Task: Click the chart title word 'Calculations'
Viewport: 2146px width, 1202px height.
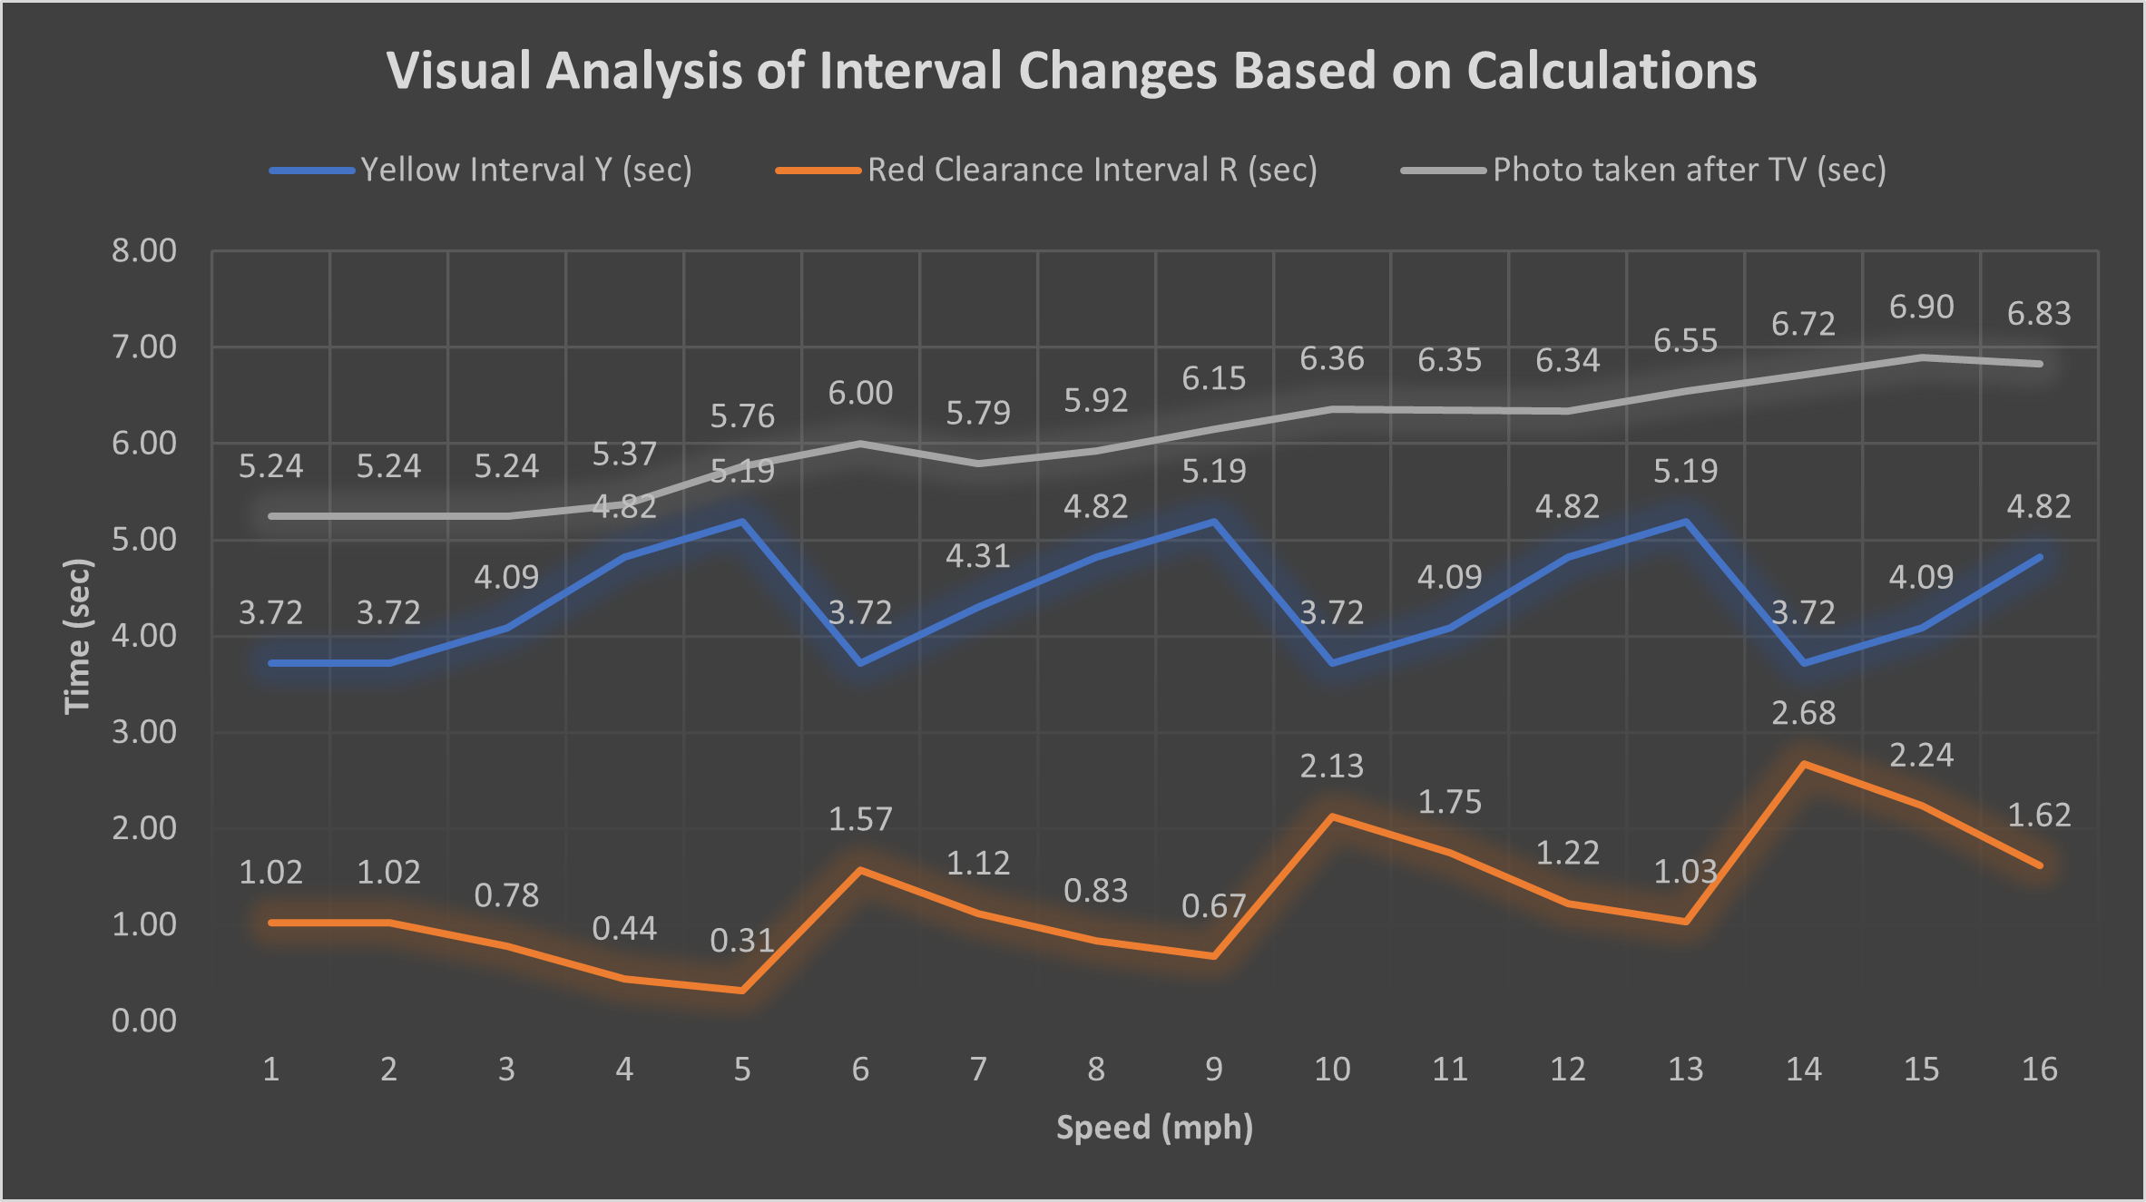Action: (1612, 71)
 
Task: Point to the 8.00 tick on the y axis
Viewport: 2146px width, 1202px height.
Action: (143, 250)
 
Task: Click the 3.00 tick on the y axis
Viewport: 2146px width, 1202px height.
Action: (143, 732)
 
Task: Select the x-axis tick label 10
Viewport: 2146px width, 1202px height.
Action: (1331, 1070)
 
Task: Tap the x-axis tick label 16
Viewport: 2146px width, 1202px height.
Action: (2039, 1070)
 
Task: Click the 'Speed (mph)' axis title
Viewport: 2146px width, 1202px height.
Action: (1154, 1128)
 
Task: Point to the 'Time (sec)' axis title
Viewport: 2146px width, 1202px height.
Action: (78, 636)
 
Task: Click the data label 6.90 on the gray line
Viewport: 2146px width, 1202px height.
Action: (1921, 308)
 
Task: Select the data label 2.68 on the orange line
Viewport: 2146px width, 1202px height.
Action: (1803, 713)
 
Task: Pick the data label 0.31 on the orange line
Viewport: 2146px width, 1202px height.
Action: (741, 941)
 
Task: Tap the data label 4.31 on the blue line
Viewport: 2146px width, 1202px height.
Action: (977, 556)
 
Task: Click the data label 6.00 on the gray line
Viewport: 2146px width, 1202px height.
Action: (859, 394)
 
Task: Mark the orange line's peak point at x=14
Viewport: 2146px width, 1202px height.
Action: (1804, 764)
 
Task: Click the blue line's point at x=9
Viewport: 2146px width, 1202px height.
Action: (1214, 522)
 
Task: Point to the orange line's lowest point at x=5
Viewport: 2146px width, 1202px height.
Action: (742, 991)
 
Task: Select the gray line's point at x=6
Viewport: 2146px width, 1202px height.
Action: (860, 444)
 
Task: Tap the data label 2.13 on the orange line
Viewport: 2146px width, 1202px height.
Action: (1331, 767)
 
